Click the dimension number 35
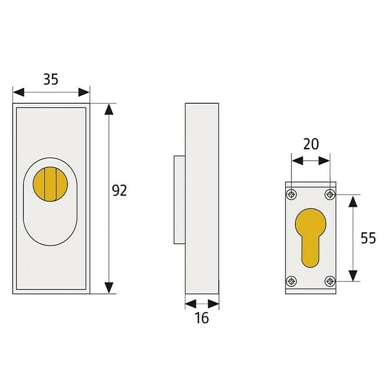click(x=51, y=79)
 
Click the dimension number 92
click(x=119, y=191)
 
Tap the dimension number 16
click(x=202, y=318)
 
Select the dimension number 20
click(x=311, y=144)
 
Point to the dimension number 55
click(x=368, y=238)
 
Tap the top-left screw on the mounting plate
click(x=292, y=195)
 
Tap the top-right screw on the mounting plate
click(x=329, y=195)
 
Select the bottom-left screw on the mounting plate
click(x=292, y=282)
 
